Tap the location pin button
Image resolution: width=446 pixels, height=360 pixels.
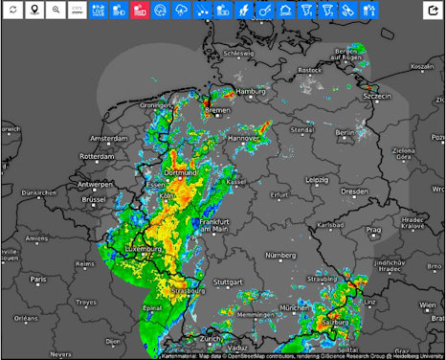click(35, 11)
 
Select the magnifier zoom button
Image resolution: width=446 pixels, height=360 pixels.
click(56, 11)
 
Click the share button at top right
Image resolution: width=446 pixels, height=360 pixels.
click(432, 11)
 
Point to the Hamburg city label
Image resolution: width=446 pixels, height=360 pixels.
click(251, 92)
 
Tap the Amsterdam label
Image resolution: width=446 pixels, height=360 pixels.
click(108, 138)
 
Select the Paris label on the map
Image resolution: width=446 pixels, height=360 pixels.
click(37, 279)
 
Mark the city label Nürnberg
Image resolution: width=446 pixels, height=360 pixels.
click(278, 255)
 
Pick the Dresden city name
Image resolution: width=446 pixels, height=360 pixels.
click(353, 191)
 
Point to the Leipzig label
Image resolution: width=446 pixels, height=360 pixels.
click(318, 179)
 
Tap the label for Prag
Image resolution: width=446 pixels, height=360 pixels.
click(372, 230)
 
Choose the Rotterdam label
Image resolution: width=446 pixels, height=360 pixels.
click(97, 156)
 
